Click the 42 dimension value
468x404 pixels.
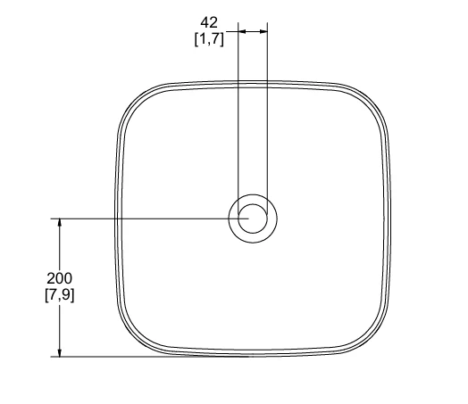[x=209, y=22]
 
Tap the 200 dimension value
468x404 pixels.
[x=60, y=278]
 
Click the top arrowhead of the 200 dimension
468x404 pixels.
[x=60, y=222]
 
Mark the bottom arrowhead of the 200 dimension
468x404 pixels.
[x=60, y=353]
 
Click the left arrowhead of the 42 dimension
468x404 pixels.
[x=242, y=31]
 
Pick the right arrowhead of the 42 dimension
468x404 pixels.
[x=263, y=31]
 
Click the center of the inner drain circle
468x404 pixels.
[x=253, y=218]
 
